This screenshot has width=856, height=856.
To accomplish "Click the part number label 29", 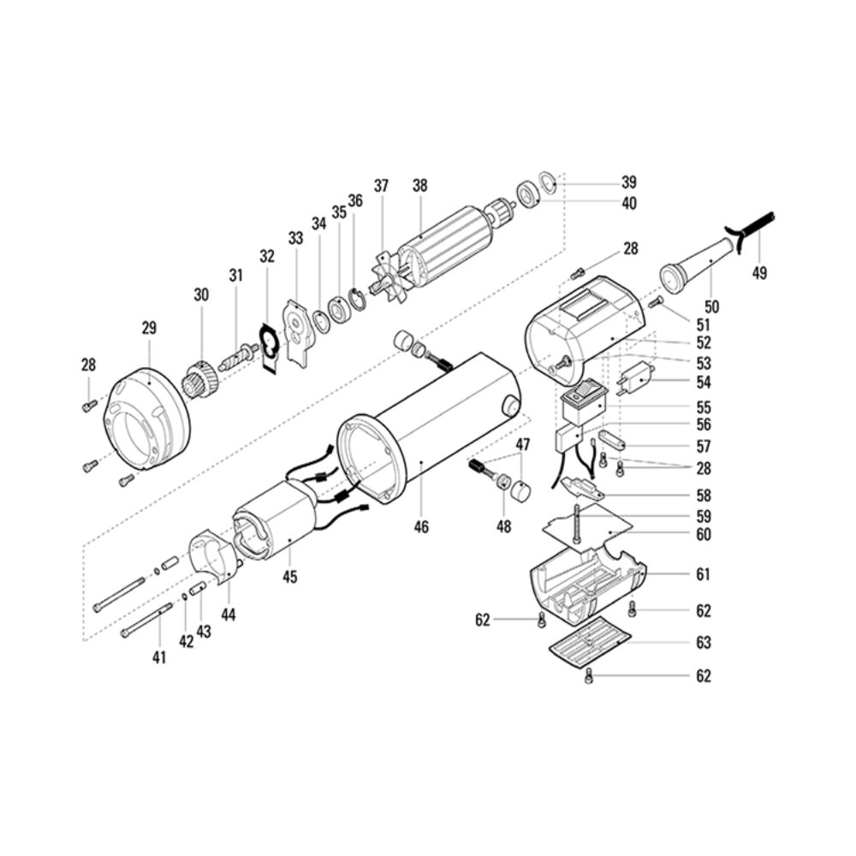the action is click(x=149, y=328).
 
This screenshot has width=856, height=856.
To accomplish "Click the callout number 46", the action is click(x=421, y=526).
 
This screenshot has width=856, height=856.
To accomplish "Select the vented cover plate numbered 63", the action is click(x=590, y=643).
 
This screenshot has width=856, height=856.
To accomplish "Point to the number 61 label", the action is click(x=703, y=574).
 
